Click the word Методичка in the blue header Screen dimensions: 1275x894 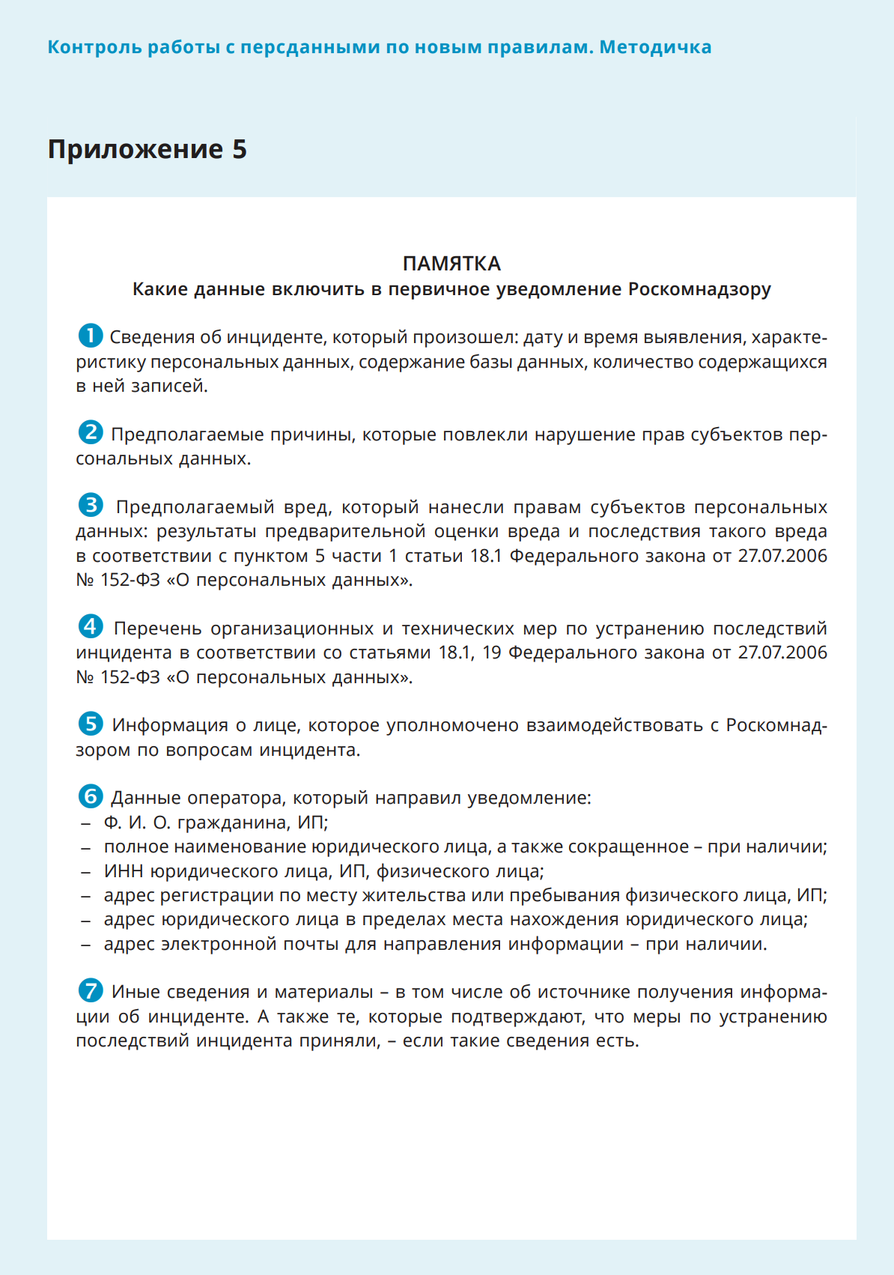coord(655,47)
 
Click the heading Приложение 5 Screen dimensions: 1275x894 coord(148,149)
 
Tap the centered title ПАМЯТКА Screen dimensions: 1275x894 coord(451,264)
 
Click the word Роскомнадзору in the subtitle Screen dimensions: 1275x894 coord(699,289)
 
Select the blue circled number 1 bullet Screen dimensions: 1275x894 coord(91,336)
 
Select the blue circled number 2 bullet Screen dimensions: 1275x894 coord(91,432)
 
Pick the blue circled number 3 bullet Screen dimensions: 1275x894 coord(91,505)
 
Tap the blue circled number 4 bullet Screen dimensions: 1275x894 coord(91,626)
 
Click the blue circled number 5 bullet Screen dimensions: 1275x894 coord(91,724)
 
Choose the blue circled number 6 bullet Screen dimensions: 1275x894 coord(91,796)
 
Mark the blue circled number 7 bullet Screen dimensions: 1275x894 coord(91,990)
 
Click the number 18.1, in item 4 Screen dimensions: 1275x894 coord(456,652)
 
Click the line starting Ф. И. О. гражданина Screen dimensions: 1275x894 coord(216,823)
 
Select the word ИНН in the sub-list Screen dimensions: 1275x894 coord(124,871)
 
